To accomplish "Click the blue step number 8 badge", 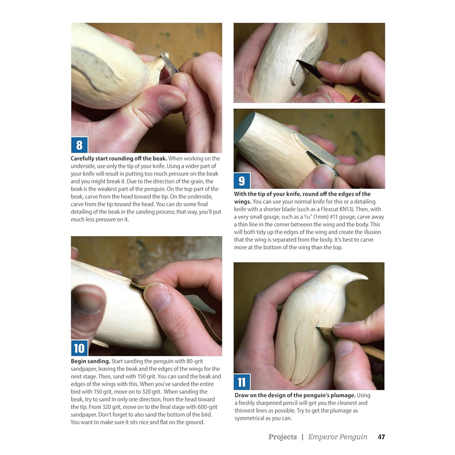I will coord(79,144).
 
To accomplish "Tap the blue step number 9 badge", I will coord(242,181).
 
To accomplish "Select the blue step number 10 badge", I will coord(79,348).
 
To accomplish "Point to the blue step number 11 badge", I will coord(242,382).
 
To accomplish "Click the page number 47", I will coord(382,437).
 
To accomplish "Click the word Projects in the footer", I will coord(283,437).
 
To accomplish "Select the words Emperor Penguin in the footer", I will coord(338,437).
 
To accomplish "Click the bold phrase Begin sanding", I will coord(89,361).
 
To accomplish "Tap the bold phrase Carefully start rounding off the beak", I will coord(118,158).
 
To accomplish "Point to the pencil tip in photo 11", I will coord(320,328).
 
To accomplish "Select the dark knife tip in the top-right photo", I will coord(300,63).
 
